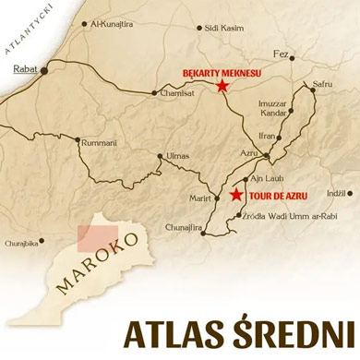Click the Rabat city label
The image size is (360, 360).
pyautogui.click(x=24, y=68)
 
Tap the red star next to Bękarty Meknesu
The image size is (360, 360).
pyautogui.click(x=222, y=86)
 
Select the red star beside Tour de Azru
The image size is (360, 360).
pyautogui.click(x=237, y=195)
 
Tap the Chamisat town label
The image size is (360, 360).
pyautogui.click(x=175, y=92)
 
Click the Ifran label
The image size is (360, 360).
pyautogui.click(x=268, y=135)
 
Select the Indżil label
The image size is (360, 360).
pyautogui.click(x=336, y=192)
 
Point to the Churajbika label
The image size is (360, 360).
pyautogui.click(x=22, y=243)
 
